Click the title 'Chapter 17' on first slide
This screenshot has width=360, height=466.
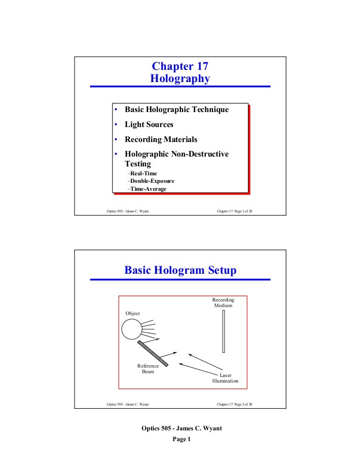coord(180,67)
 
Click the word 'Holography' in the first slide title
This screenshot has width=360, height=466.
coord(180,79)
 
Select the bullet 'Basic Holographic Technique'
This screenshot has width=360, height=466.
coord(176,110)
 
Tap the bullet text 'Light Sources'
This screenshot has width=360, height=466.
coord(149,125)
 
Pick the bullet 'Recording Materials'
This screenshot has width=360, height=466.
coord(161,140)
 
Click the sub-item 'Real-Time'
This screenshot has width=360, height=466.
coord(143,173)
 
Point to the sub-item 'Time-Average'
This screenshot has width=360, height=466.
coord(148,189)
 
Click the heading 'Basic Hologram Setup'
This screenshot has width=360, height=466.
coord(180,271)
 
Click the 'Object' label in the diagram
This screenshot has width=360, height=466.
coord(132,313)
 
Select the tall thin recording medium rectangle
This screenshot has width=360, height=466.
coord(224,331)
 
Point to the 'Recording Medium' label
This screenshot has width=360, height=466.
coord(223,302)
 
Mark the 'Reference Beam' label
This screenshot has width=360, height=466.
coord(148,369)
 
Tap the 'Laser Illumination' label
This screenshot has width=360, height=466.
coord(225,378)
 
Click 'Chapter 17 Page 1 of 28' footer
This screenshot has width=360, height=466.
coord(234,211)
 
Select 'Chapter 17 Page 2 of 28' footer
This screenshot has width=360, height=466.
coord(234,404)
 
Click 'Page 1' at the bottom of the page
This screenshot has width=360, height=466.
coord(180,439)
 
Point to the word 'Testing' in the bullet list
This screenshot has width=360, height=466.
coord(138,164)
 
